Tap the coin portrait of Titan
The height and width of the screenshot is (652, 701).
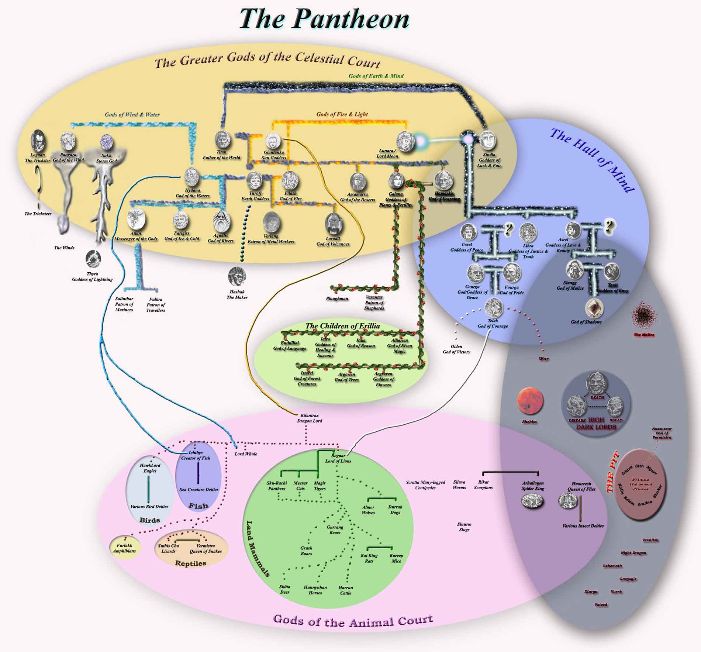[222, 139]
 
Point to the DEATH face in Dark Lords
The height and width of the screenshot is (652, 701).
[597, 383]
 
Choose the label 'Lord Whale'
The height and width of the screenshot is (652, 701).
[246, 454]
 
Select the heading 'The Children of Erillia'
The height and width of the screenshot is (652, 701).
[342, 326]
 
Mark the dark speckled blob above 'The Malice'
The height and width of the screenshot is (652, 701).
[644, 315]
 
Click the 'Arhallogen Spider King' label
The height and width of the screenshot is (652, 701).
[533, 486]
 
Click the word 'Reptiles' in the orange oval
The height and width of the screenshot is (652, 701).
[190, 563]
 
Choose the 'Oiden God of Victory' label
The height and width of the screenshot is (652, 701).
[456, 349]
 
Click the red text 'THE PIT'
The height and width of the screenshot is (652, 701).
[612, 476]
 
